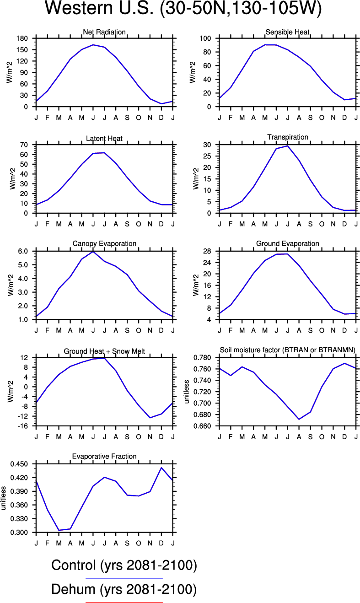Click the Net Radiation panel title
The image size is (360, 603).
(104, 32)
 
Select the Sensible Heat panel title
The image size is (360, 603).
(287, 32)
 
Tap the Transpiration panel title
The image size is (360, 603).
(287, 137)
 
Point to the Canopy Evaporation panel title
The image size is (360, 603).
(104, 243)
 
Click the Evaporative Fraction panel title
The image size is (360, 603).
(104, 456)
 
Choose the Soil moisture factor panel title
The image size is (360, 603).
(288, 350)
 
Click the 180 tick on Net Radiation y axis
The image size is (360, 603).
(23, 38)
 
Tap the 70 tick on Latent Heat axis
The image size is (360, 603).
(25, 145)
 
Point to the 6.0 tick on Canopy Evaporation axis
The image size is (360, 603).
(23, 251)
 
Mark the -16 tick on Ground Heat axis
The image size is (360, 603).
(23, 426)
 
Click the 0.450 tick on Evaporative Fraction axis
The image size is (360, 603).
(19, 464)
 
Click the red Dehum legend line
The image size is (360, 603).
(124, 603)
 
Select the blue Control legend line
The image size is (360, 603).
(124, 578)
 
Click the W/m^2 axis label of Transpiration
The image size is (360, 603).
(195, 179)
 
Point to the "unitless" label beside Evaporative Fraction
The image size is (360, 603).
(4, 498)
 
